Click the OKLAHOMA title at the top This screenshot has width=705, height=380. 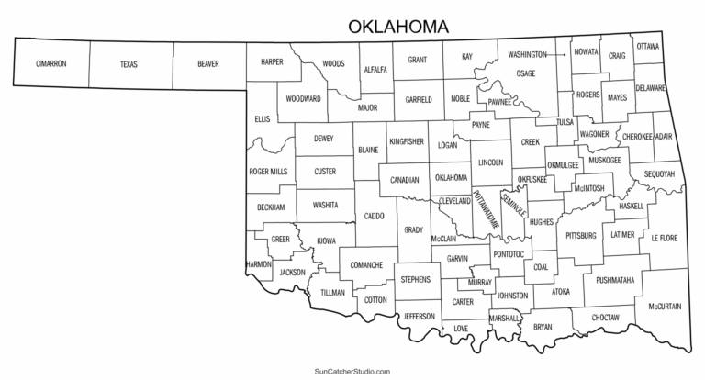(397, 26)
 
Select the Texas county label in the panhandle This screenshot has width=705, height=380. (129, 64)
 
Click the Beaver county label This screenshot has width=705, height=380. (208, 64)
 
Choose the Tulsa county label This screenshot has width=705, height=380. (565, 121)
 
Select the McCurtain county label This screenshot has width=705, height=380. (664, 306)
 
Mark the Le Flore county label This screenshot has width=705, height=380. (663, 238)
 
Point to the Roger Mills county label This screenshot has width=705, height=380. (267, 172)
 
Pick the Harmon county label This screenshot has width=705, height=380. (258, 264)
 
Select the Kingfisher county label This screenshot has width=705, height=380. (406, 142)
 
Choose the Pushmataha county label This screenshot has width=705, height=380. (614, 279)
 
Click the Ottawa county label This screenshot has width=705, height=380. (648, 46)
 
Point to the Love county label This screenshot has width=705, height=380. (461, 328)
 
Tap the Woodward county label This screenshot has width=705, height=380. (303, 98)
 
